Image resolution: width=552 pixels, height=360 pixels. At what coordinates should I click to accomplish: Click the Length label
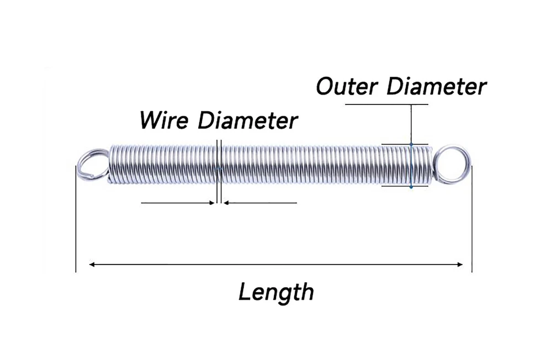276,291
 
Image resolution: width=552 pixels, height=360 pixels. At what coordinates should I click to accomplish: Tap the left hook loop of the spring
92,164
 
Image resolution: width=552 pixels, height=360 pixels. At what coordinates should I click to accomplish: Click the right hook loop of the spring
453,163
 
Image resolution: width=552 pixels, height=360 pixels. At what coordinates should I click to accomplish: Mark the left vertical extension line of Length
75,221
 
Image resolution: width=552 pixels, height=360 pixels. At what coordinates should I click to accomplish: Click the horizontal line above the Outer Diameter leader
386,104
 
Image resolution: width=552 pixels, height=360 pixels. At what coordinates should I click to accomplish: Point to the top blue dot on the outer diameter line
411,145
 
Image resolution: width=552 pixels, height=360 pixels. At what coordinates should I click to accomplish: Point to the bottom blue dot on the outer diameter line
411,187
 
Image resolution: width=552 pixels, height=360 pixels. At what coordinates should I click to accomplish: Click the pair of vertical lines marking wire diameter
219,171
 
